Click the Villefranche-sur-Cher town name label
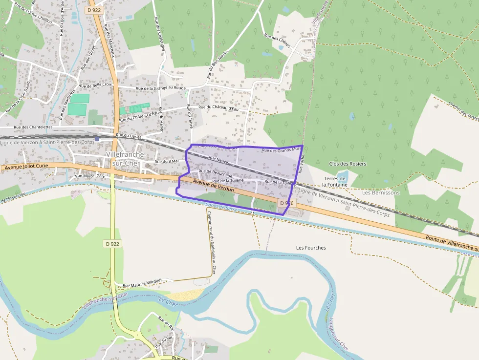tap(126, 158)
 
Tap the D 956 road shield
tap(286, 202)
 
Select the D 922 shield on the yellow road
tap(112, 243)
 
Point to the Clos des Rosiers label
tap(348, 164)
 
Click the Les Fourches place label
tap(311, 248)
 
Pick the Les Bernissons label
tap(381, 192)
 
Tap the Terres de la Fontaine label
tap(334, 182)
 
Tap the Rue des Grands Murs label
tap(281, 150)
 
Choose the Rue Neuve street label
tap(218, 159)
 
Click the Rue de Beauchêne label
tap(215, 171)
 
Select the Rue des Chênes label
tap(277, 41)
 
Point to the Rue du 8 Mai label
tap(167, 161)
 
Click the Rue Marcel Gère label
tap(90, 176)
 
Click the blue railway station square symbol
tap(97, 139)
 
